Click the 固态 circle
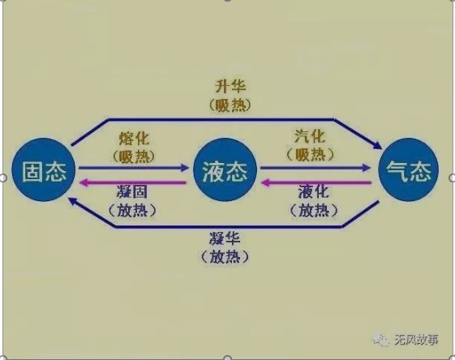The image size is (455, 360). click(44, 169)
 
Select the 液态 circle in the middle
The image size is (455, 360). click(225, 169)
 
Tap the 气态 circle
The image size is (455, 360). click(409, 169)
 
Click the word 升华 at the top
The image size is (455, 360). click(230, 87)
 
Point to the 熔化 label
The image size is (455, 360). click(134, 139)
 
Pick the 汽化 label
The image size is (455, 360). click(310, 136)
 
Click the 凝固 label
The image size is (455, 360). click(132, 191)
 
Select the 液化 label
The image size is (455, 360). click(314, 191)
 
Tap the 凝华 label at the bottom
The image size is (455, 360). click(225, 238)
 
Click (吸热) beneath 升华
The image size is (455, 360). click(230, 105)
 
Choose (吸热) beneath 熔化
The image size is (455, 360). click(134, 156)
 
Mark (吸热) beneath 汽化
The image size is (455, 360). click(310, 155)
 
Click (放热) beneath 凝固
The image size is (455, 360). click(132, 210)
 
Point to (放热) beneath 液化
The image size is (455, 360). click(314, 210)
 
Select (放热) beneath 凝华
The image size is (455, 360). click(225, 257)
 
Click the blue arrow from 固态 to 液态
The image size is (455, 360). click(134, 167)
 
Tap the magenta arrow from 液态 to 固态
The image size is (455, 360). click(133, 182)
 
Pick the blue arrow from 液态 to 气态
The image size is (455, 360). click(315, 167)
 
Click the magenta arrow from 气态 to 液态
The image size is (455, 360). click(316, 182)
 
